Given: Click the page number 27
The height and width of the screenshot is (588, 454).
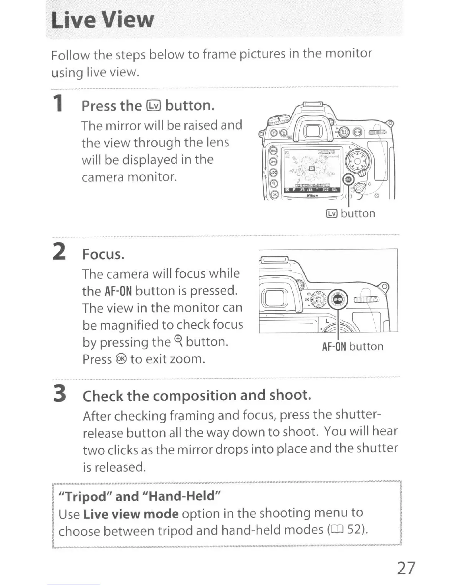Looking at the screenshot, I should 406,568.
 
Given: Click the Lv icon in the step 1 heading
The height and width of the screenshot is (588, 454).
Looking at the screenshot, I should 154,106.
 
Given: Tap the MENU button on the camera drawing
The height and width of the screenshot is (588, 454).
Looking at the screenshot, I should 273,151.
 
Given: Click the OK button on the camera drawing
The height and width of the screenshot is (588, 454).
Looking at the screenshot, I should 274,194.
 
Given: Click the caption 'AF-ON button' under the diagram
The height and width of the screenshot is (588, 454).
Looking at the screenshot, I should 352,347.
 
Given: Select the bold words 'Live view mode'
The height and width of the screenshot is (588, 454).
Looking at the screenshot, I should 131,514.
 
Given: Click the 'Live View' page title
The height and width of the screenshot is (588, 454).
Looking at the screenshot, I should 102,20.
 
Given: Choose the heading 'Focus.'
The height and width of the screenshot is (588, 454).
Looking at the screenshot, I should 103,254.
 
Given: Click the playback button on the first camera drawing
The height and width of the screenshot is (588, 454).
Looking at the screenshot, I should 274,132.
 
